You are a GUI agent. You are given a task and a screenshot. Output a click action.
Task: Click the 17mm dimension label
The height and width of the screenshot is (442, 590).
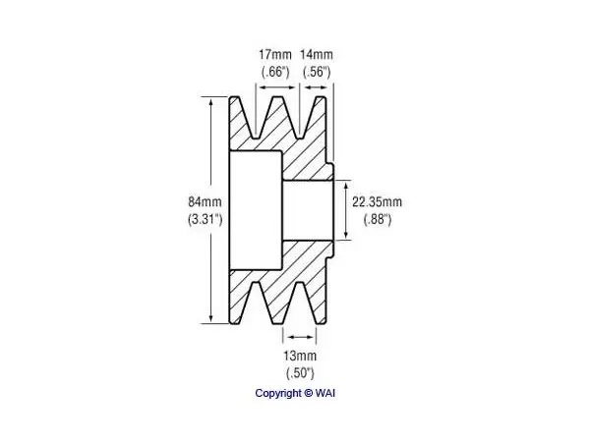click(275, 55)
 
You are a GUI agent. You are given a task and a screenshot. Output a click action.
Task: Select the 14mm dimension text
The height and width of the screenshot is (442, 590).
click(317, 55)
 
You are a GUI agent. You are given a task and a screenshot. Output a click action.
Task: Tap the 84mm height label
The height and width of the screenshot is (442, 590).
click(206, 201)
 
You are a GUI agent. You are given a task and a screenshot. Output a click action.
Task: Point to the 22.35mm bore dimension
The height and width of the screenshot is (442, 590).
click(377, 201)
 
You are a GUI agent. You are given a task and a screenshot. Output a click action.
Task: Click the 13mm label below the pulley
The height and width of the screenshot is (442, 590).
click(300, 356)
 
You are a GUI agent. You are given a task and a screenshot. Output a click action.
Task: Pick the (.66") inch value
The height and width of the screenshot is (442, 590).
click(275, 72)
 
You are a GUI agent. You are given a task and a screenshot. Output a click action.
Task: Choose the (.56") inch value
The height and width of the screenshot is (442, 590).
click(317, 72)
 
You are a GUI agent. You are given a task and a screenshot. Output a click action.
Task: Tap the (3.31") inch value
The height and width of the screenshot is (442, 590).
click(206, 219)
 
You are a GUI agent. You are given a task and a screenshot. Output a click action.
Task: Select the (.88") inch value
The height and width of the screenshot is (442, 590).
click(378, 219)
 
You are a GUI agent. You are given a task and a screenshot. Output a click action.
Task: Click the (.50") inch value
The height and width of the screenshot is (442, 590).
click(300, 373)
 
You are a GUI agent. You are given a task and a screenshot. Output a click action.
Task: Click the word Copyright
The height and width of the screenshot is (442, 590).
click(278, 394)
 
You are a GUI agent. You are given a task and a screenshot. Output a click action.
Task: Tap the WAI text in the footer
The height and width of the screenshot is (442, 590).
click(325, 393)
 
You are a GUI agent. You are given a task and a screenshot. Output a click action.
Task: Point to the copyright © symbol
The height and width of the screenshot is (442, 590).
click(308, 393)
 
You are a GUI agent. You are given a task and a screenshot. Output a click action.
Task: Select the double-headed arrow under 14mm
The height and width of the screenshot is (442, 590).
click(316, 87)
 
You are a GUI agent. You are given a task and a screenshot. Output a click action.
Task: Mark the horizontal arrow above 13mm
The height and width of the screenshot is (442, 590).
click(300, 337)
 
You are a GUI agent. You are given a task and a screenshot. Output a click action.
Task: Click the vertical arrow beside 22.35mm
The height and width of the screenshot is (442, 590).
click(345, 210)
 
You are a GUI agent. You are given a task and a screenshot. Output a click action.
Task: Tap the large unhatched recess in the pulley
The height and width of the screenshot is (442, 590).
click(256, 210)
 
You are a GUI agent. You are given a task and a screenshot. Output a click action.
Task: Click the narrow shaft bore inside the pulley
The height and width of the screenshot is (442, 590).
click(308, 210)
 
